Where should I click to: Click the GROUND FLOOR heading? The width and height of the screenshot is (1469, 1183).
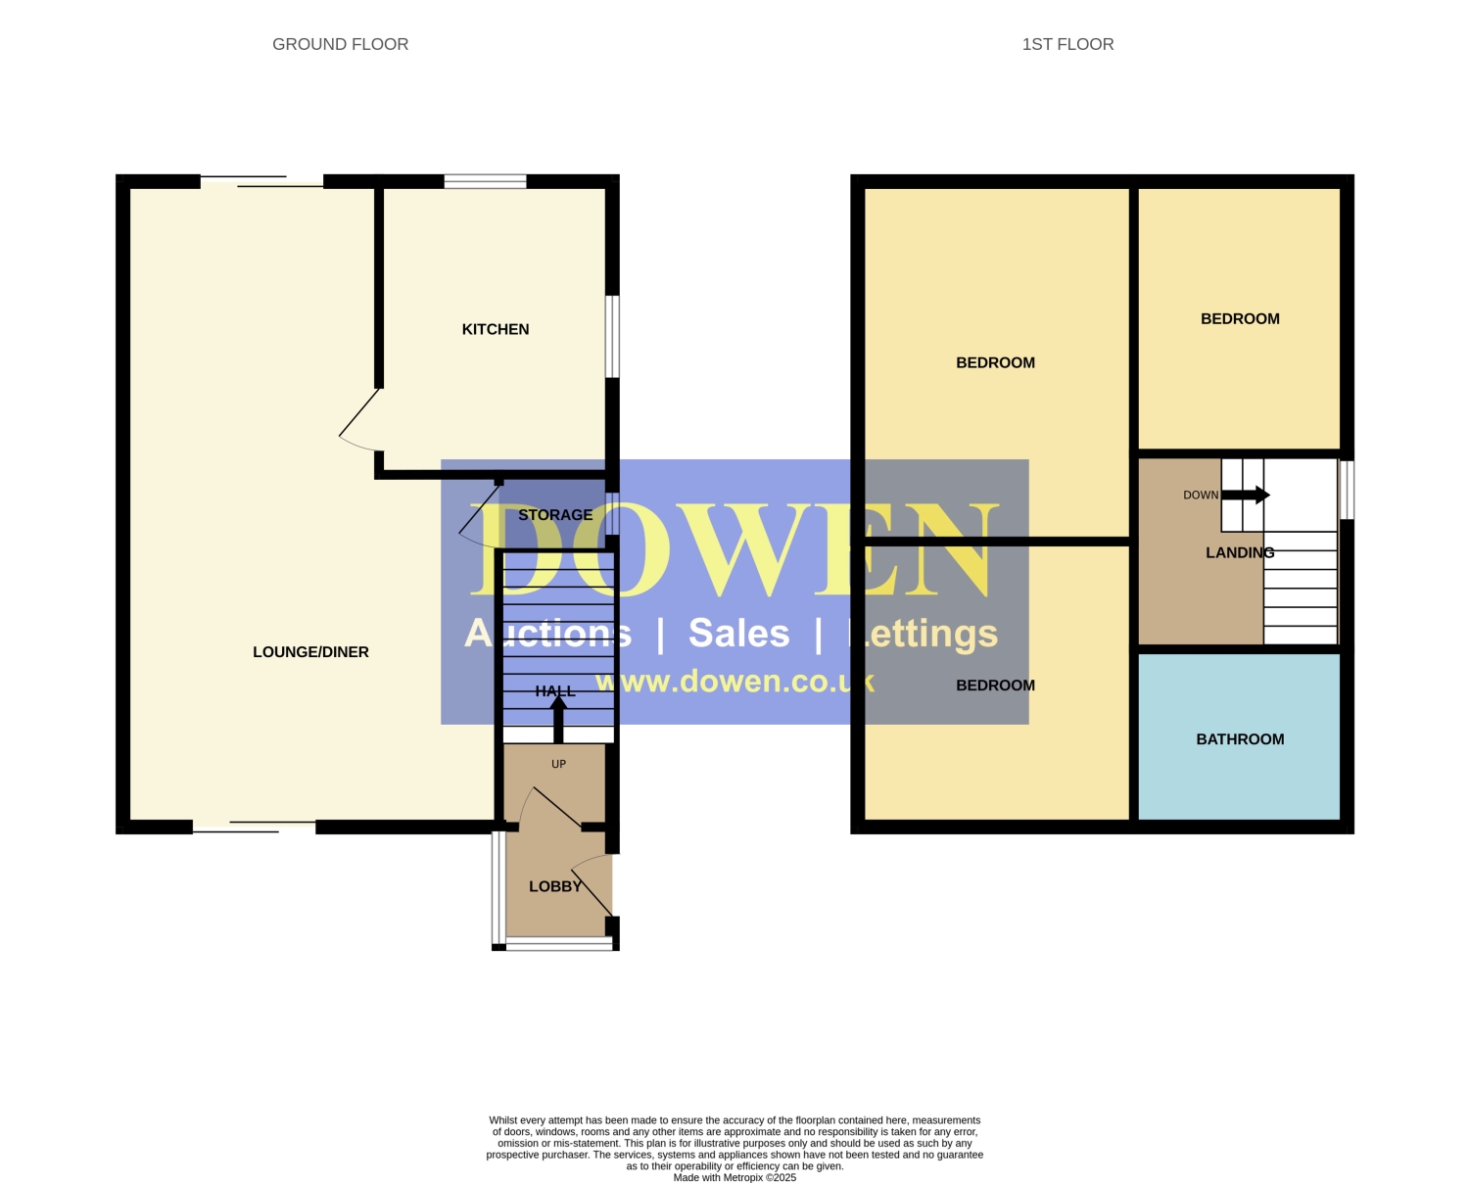(340, 44)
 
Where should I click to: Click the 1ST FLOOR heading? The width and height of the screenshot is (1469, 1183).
(1067, 44)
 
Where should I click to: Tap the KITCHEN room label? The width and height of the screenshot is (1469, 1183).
(496, 329)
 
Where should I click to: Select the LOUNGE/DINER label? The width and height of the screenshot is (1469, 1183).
(310, 652)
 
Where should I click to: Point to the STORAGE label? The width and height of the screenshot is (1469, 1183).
(555, 515)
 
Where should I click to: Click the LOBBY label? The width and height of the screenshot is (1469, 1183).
(555, 886)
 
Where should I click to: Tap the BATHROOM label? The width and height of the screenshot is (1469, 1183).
(1240, 738)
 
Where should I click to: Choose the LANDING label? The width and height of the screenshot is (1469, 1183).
(1240, 552)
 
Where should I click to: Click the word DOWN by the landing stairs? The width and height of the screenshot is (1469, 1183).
(1201, 495)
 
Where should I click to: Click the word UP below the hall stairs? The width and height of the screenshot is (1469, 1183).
(558, 764)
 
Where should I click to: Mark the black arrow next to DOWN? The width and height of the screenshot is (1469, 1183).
(1245, 495)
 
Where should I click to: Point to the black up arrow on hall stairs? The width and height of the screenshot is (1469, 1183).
(558, 719)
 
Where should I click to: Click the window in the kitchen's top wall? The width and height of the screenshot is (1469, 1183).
(486, 181)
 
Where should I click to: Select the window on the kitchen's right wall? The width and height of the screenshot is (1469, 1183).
(613, 336)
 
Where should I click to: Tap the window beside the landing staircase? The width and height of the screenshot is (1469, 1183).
(1347, 490)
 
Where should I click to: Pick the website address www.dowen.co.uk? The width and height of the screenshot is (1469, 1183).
(734, 682)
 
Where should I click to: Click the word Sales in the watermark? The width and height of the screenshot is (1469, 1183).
(739, 633)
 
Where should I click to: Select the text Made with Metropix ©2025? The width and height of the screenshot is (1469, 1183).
(734, 1177)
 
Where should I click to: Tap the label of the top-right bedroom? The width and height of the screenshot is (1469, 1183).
(1240, 319)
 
